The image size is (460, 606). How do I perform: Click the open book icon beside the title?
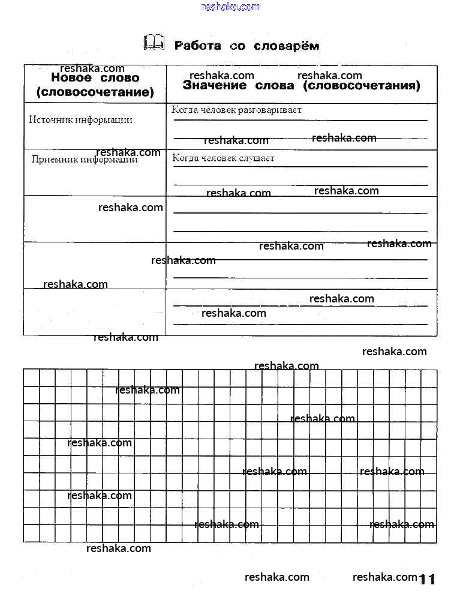point(154,43)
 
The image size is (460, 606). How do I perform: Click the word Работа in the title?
point(197,46)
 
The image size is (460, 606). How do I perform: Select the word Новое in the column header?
point(71,78)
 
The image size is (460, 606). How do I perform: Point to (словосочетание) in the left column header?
point(95,92)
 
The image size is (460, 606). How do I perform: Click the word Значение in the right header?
point(214,86)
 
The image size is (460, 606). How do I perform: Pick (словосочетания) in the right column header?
point(362,86)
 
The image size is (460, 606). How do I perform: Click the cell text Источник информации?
point(80,119)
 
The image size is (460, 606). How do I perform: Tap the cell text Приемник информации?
point(84,160)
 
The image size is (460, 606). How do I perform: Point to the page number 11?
point(426,579)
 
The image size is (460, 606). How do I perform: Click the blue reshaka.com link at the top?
point(231,7)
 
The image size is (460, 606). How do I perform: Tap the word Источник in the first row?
point(51,119)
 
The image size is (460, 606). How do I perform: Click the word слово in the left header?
point(118,78)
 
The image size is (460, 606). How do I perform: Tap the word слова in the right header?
point(274,86)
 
